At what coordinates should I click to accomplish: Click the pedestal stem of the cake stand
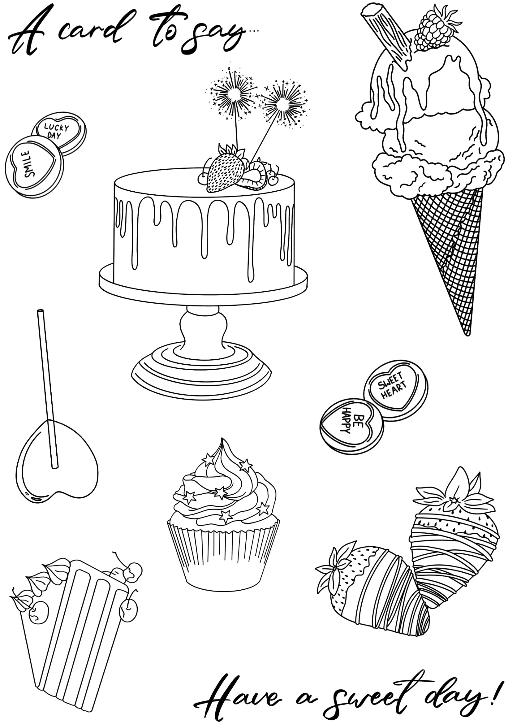tap(203, 331)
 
